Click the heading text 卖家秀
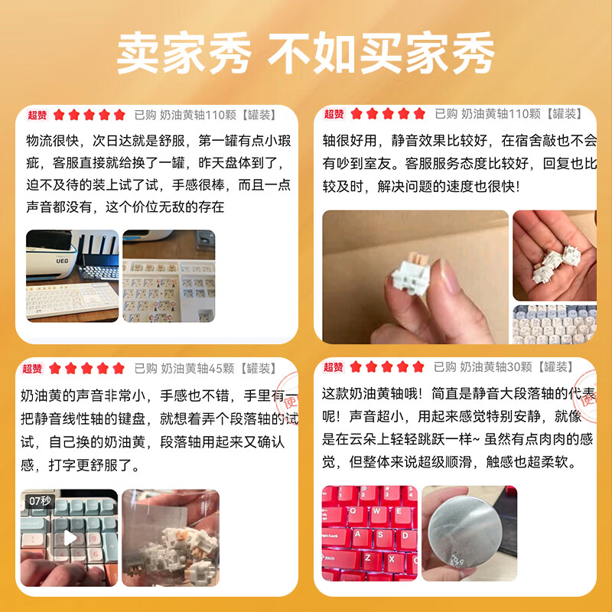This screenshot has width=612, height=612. (x=184, y=54)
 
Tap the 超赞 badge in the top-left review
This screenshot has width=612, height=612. (x=37, y=115)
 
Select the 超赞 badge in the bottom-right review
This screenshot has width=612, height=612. (x=334, y=367)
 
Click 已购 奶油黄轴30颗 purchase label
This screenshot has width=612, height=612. (x=505, y=367)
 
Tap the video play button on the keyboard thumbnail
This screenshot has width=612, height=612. (x=70, y=537)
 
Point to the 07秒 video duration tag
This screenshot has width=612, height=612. (x=39, y=501)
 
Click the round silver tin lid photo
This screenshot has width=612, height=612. (x=469, y=532)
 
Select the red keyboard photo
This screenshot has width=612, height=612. (x=369, y=532)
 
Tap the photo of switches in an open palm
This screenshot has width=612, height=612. (x=555, y=255)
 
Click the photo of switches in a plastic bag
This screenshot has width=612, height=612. (x=170, y=538)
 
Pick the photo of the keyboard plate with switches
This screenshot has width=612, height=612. (x=168, y=276)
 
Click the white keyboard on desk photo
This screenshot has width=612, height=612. (x=73, y=276)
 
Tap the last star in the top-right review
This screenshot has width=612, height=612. (x=418, y=114)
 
